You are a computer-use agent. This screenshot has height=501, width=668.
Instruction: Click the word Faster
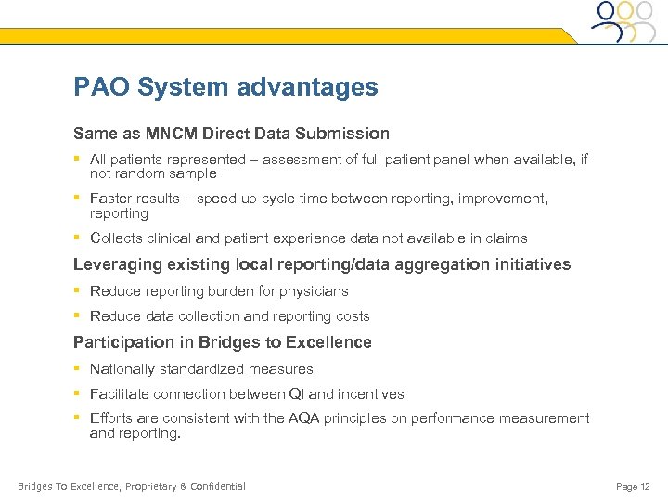click(111, 199)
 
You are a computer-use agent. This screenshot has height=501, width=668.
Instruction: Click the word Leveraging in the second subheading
click(118, 264)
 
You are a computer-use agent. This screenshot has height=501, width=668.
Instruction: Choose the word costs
click(352, 316)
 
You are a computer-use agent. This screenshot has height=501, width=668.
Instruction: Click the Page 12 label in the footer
click(633, 486)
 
